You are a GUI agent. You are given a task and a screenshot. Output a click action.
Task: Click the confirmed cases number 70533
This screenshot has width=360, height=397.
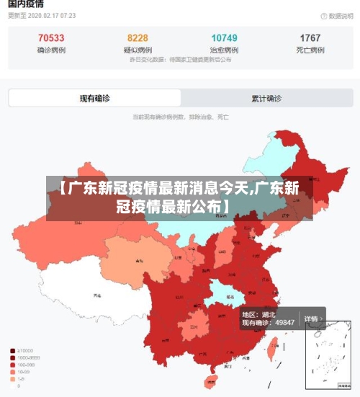click(x=50, y=38)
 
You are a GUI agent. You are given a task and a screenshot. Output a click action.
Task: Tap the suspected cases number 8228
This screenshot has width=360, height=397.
click(x=138, y=38)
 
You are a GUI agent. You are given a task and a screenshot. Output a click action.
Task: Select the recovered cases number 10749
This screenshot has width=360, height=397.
click(x=224, y=38)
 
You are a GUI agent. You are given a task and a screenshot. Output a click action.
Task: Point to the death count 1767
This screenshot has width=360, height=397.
click(x=310, y=38)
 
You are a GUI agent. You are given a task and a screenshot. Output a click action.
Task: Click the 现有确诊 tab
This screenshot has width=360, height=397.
click(x=94, y=98)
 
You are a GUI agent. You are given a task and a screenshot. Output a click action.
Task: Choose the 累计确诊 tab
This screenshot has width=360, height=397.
click(x=266, y=98)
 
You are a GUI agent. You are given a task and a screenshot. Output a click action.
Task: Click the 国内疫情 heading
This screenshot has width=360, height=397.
click(x=26, y=4)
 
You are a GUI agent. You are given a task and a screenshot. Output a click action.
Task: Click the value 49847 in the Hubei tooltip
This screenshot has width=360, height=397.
click(x=282, y=322)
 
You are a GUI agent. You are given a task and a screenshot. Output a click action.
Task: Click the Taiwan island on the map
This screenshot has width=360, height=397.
click(x=272, y=350)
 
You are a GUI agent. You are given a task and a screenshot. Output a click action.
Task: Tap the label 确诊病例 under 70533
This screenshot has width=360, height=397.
click(x=50, y=50)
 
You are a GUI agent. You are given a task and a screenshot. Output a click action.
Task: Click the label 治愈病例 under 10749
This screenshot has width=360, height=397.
click(x=224, y=50)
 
